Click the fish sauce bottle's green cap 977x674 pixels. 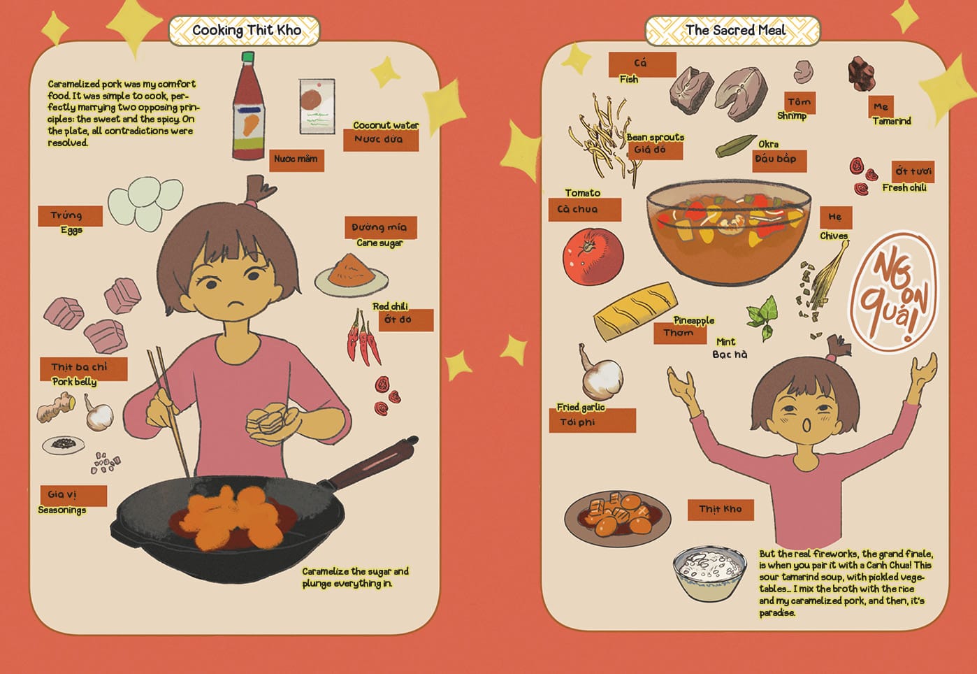pyautogui.click(x=248, y=57)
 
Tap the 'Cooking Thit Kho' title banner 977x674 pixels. pyautogui.click(x=245, y=31)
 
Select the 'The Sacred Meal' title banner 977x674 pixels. pyautogui.click(x=732, y=31)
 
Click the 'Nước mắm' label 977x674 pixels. pyautogui.click(x=296, y=160)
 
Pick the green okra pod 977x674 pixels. pyautogui.click(x=735, y=146)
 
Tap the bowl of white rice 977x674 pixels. pyautogui.click(x=709, y=573)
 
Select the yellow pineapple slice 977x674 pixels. pyautogui.click(x=636, y=311)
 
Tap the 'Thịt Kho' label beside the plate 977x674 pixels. pyautogui.click(x=721, y=510)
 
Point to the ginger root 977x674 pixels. pyautogui.click(x=56, y=408)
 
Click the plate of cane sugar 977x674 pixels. pyautogui.click(x=352, y=275)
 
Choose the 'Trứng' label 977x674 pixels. pyautogui.click(x=70, y=216)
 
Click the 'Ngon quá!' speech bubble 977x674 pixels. pyautogui.click(x=893, y=291)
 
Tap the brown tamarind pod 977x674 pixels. pyautogui.click(x=861, y=73)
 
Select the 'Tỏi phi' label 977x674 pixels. pyautogui.click(x=593, y=421)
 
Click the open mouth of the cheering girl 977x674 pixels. pyautogui.click(x=807, y=424)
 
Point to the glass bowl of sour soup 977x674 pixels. pyautogui.click(x=728, y=231)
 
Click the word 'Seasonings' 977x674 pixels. pyautogui.click(x=62, y=510)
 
